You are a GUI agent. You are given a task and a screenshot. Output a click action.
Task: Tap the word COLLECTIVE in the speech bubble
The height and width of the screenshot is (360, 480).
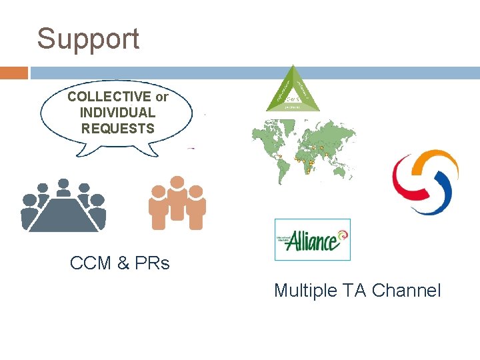(109, 97)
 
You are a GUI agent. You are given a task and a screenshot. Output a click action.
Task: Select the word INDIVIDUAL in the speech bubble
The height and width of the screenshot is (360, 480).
(117, 113)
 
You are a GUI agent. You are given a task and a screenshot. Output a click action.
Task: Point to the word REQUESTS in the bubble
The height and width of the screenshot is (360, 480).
(117, 128)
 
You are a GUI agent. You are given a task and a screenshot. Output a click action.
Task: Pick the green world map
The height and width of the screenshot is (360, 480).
(303, 151)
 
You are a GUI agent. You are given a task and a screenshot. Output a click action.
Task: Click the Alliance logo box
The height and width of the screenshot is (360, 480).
(312, 239)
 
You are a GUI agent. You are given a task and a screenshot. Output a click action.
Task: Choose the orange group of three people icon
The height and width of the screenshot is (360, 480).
(177, 204)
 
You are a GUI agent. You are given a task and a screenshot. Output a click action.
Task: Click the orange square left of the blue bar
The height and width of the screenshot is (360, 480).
(14, 73)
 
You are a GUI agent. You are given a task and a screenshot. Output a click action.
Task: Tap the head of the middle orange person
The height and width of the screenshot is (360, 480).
(177, 182)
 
